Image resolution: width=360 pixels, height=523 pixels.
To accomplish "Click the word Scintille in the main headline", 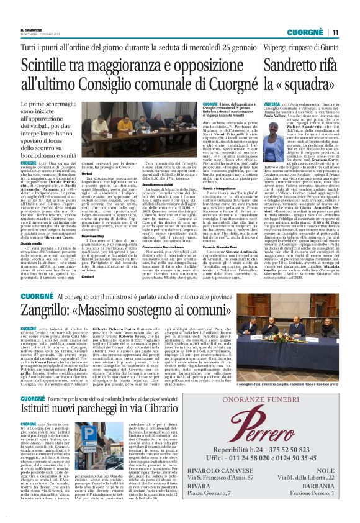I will click(x=52, y=65).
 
